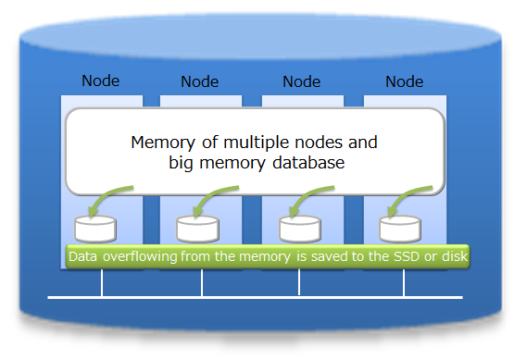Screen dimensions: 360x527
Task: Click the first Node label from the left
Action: coord(101,81)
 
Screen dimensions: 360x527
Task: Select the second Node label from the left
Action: coord(200,81)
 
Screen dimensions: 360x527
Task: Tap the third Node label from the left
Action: coord(301,81)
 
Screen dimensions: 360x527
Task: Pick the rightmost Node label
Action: coord(404,81)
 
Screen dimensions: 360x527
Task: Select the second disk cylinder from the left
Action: coord(198,228)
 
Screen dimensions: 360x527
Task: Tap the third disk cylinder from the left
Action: coord(300,228)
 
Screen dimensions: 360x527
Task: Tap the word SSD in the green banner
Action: coord(401,255)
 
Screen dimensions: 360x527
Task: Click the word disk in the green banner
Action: coord(453,255)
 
